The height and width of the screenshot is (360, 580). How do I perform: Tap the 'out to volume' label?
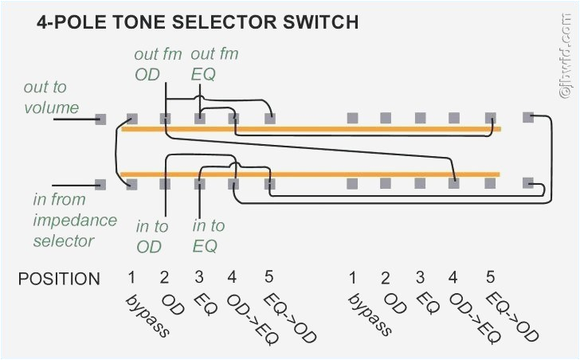click(51, 97)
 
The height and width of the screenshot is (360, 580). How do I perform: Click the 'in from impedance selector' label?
click(74, 220)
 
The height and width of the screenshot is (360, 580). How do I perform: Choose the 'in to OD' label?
click(151, 237)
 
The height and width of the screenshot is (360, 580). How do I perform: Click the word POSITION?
click(59, 279)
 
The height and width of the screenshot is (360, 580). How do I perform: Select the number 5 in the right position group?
click(490, 277)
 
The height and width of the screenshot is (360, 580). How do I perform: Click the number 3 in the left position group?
click(198, 277)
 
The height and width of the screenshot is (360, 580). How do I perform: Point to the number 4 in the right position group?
click(453, 277)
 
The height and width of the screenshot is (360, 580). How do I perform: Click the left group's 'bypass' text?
click(147, 315)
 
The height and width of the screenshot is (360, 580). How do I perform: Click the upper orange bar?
click(311, 128)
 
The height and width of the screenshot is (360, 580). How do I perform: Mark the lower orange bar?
click(311, 174)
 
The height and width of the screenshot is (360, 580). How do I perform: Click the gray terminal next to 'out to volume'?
click(100, 119)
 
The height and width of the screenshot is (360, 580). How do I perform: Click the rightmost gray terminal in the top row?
click(527, 117)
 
